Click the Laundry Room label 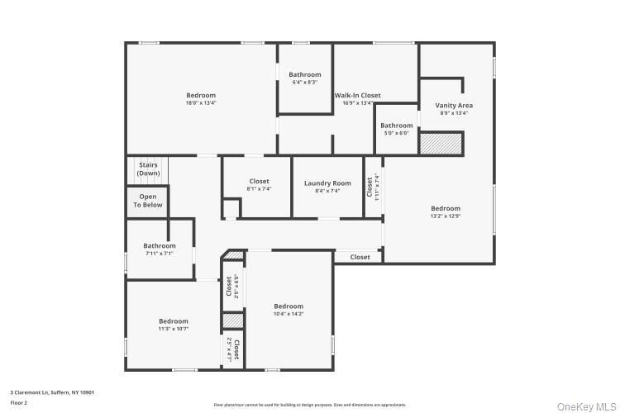327,183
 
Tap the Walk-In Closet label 357,96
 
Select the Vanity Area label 454,106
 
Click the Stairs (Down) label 149,169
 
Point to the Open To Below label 148,201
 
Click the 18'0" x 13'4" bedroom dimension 201,103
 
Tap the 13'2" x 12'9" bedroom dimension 446,216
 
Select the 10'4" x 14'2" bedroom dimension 289,314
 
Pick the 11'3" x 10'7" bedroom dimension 174,329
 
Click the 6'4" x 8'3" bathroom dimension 305,83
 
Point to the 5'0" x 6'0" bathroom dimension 396,133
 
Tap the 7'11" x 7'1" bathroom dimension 159,254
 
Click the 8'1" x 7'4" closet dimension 259,189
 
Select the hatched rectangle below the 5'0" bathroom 438,143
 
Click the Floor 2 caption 19,402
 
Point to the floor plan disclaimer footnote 310,405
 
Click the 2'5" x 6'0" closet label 232,286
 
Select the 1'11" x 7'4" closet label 372,185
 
